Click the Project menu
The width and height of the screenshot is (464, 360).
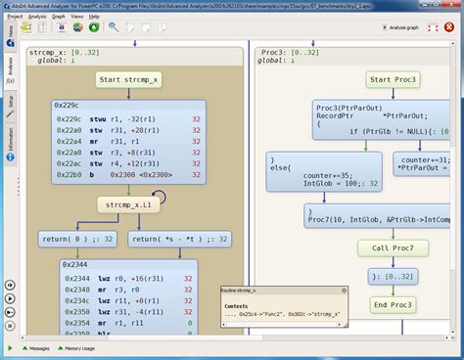(15, 17)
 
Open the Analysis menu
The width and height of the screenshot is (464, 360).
(37, 17)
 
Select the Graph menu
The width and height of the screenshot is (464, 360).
(59, 17)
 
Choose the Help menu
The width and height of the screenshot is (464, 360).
(94, 17)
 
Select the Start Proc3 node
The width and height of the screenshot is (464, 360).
(392, 79)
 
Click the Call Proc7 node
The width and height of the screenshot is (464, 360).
(392, 247)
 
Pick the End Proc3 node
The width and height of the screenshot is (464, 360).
(392, 305)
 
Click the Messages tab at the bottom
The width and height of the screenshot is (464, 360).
(39, 348)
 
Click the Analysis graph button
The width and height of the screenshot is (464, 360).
(427, 28)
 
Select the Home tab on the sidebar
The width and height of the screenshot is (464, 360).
(9, 36)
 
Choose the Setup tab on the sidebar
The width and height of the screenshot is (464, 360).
(9, 101)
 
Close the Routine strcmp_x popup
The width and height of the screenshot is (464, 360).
(344, 292)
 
